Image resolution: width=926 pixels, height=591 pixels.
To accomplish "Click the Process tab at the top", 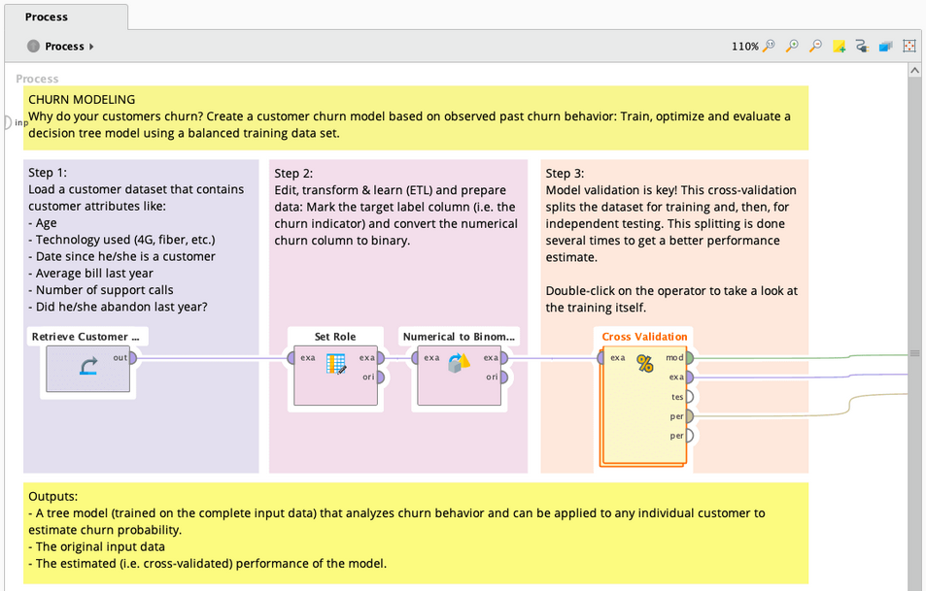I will pos(47,16).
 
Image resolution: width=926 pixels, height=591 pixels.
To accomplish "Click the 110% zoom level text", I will pos(744,46).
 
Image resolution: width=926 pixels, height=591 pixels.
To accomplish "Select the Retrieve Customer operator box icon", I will pos(87,366).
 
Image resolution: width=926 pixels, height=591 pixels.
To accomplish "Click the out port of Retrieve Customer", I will pos(132,357).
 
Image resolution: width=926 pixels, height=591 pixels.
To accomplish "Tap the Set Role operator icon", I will pos(336,366).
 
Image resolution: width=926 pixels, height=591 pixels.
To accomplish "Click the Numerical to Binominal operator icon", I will pos(459,366).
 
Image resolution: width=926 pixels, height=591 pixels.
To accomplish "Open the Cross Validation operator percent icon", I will pos(644,364).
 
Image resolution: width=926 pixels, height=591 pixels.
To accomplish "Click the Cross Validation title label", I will pos(644,337).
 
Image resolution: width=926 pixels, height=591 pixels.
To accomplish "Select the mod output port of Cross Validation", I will pos(689,357).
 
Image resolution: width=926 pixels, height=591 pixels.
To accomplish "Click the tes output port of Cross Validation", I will pos(689,396).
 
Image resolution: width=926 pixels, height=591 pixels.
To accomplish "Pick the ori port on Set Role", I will pos(380,377).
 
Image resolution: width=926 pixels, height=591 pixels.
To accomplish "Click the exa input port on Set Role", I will pos(292,357).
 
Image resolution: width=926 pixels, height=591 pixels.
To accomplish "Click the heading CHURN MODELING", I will pos(82,99).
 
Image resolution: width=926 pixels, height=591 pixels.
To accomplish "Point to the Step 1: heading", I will pos(48,173).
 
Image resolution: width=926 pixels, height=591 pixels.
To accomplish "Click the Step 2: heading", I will pos(293,173).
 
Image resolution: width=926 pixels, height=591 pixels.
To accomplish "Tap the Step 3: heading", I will pos(565,173).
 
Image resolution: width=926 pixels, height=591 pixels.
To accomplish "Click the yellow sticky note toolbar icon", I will pos(839,46).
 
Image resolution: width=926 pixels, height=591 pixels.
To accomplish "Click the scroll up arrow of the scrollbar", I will pos(914,71).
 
